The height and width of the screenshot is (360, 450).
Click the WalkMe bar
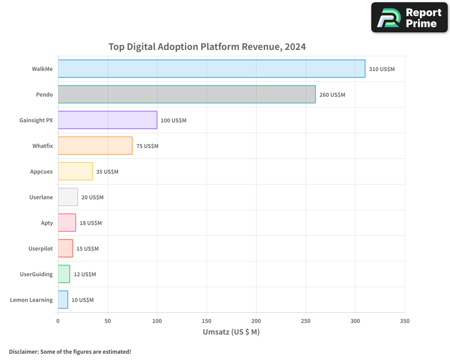coord(211,69)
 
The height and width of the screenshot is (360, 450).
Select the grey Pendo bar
coord(187,94)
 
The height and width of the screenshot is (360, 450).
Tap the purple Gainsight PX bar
coord(108,120)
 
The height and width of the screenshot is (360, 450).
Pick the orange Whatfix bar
coord(95,146)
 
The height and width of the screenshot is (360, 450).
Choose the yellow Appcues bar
coord(75,171)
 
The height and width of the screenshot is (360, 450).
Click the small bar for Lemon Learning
coord(63,300)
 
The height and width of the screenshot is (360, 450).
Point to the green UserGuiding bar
coord(64,274)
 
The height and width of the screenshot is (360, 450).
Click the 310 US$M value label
coord(382,69)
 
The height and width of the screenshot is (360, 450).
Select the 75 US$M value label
coord(147,146)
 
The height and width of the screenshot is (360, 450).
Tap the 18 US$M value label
coord(90,223)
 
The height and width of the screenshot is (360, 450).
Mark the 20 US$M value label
coord(92,198)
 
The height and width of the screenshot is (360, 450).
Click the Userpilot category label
coord(40,248)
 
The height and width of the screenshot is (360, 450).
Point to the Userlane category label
coord(41,197)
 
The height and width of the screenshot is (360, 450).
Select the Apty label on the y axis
coord(47,223)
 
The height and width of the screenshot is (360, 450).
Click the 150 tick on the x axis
coord(207,321)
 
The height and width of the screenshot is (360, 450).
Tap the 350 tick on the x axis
coord(405,321)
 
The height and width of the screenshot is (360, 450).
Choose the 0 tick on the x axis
coord(58,321)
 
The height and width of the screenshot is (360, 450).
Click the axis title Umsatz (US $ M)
coord(231,332)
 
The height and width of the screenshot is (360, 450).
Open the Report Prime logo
coord(409,18)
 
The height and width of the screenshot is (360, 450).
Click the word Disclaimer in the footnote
coord(23,351)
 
